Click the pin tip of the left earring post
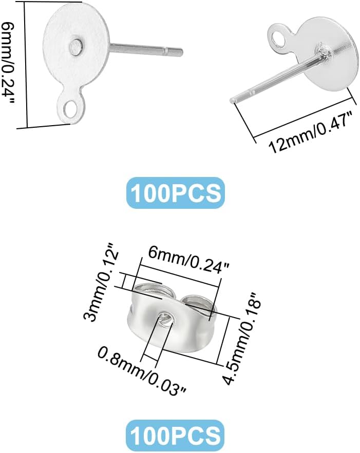coord(181,51)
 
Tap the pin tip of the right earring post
coord(235,99)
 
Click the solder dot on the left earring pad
coord(78,47)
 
